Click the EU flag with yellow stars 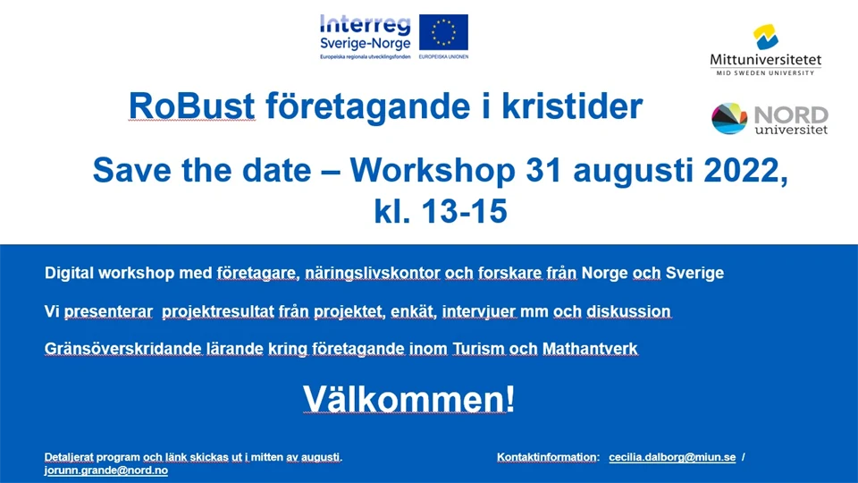tap(444, 33)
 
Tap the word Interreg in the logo tap(365, 25)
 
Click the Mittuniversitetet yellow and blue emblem tap(766, 37)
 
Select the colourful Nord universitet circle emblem tap(729, 118)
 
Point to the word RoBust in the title tap(191, 106)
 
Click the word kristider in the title tap(572, 106)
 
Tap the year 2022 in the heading tap(743, 170)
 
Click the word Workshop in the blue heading tap(433, 170)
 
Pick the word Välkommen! tap(408, 399)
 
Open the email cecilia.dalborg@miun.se tap(672, 457)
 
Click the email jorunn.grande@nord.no tap(106, 470)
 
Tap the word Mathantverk tap(590, 349)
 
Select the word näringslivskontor tap(373, 273)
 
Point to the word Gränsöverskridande tap(123, 349)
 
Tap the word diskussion tap(628, 311)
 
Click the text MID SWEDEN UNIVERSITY tap(765, 72)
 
